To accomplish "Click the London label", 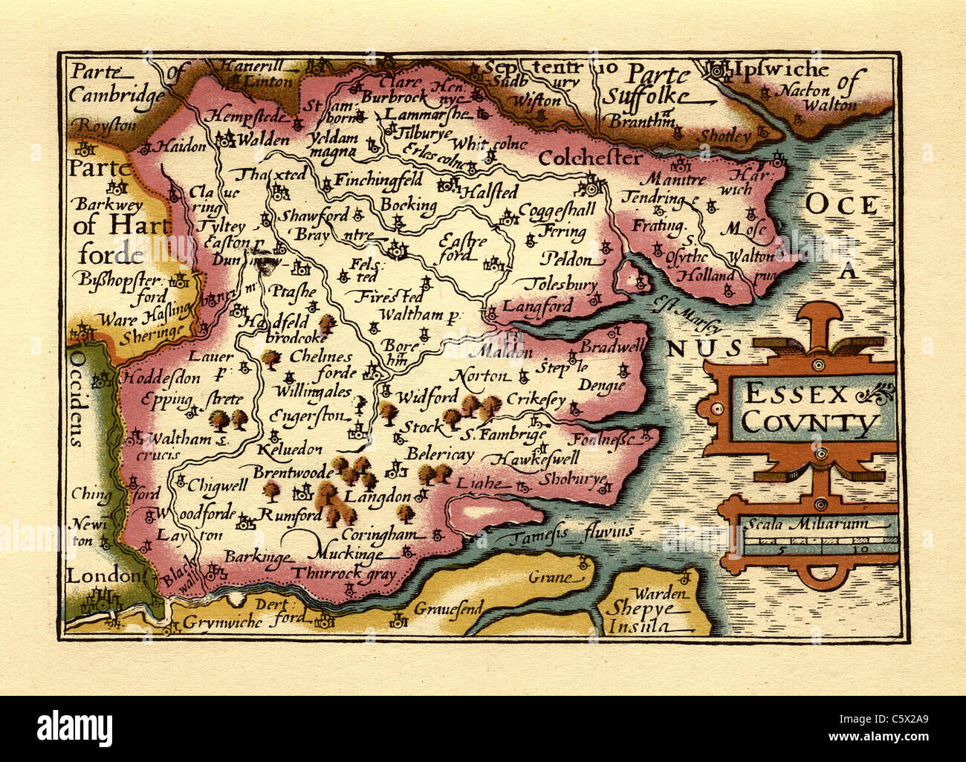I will [103, 575].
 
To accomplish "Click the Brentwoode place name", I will [292, 471].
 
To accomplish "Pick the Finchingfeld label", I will [377, 179].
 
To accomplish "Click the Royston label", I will [106, 125].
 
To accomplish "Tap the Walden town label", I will [263, 139].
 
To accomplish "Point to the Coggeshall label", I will [557, 210].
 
